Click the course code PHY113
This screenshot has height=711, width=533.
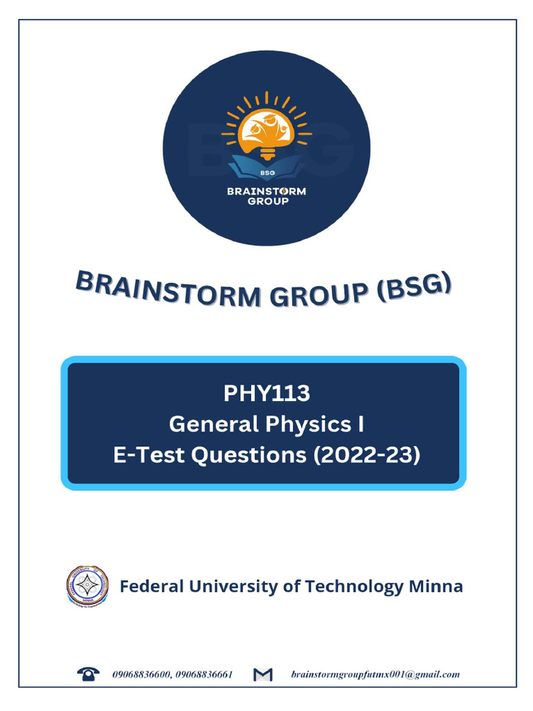tap(266, 393)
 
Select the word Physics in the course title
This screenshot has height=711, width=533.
tap(303, 424)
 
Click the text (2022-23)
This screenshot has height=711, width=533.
tap(367, 455)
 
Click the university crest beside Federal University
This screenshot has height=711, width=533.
tap(87, 587)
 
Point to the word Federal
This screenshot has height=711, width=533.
tap(152, 587)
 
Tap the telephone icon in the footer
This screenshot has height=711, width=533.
tap(88, 674)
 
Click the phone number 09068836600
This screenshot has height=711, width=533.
tap(142, 674)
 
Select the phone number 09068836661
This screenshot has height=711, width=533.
tap(204, 674)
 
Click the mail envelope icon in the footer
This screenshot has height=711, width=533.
tap(263, 674)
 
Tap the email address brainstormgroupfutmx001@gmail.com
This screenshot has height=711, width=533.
tap(375, 674)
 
